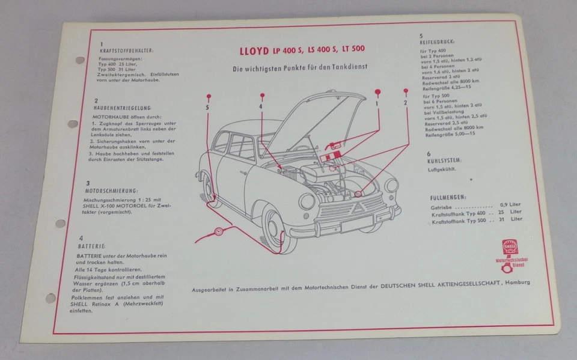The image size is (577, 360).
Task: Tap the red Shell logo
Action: [510, 247]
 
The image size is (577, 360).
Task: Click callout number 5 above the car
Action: [208, 107]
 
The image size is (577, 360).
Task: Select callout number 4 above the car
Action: [261, 107]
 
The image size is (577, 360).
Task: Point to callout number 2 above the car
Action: [406, 103]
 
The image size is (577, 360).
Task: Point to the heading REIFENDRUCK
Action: [440, 43]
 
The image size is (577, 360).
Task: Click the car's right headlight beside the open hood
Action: [392, 185]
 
